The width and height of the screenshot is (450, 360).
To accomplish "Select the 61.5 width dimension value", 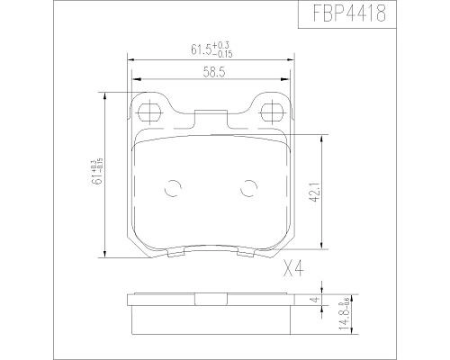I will point(190,49).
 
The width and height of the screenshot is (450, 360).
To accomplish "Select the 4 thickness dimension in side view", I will point(314,300).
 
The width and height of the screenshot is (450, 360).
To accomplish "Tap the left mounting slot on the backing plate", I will point(150,112).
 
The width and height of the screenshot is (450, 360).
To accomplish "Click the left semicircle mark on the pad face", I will point(172,190).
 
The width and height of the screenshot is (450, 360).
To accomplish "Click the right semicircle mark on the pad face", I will point(247,190).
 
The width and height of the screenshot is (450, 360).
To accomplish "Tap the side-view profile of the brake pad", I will point(210,310).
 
